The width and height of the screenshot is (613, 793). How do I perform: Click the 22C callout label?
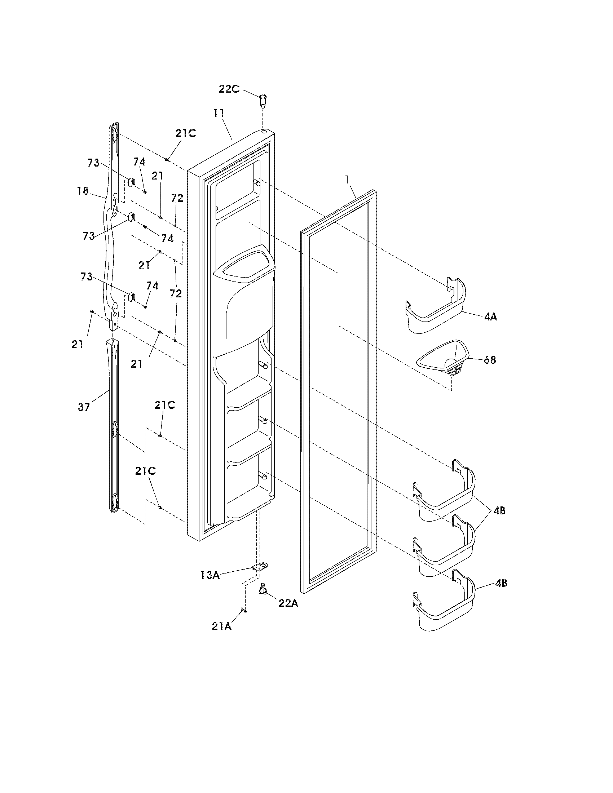point(229,89)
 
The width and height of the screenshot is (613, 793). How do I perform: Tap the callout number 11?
point(219,113)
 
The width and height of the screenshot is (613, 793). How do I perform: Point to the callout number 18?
point(83,191)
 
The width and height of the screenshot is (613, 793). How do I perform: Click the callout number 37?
point(84,407)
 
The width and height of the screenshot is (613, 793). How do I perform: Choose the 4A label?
point(490,316)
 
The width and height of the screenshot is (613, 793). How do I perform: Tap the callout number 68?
point(490,360)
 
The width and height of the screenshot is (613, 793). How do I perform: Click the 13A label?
point(210,575)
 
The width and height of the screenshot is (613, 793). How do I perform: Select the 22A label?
point(288,603)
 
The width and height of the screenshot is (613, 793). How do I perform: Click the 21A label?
point(222,626)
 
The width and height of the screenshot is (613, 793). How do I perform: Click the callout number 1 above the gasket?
point(348,179)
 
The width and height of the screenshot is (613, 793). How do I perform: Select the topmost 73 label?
point(93,163)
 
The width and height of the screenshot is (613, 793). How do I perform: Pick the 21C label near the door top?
point(186,133)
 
